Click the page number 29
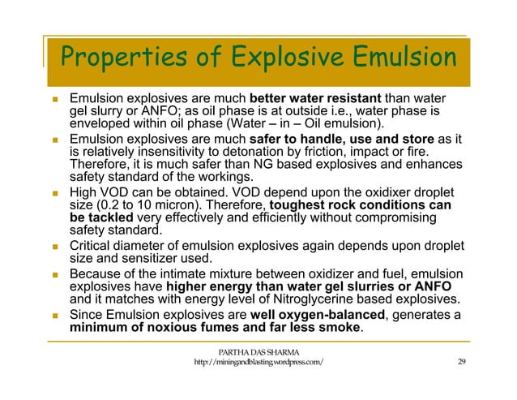pos(462,362)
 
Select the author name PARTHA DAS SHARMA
pos(258,351)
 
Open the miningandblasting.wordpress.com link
pos(258,362)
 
